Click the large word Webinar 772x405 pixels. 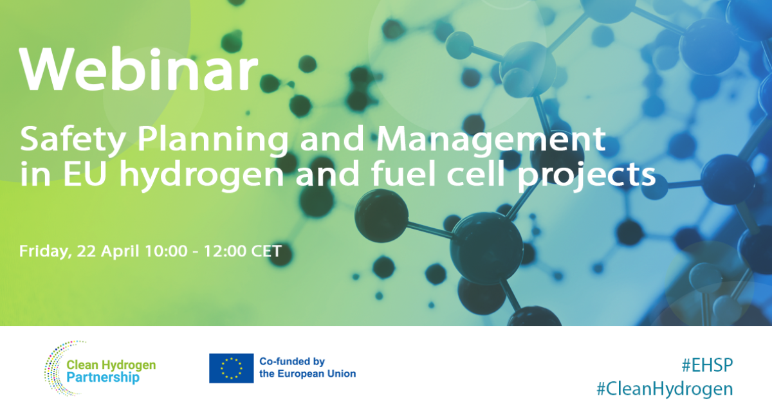tap(138, 69)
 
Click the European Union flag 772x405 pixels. tap(231, 368)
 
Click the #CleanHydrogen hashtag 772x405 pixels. tap(664, 388)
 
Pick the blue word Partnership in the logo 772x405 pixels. tap(103, 377)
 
